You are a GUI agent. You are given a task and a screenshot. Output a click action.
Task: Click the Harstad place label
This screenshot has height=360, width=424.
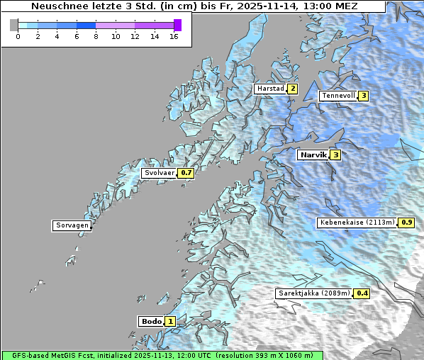270,89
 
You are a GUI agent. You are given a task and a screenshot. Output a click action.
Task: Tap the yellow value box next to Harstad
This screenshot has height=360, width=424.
292,89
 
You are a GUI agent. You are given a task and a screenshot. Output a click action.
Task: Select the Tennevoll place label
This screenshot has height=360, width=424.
338,96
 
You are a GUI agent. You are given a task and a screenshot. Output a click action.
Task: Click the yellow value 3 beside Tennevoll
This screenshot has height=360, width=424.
364,96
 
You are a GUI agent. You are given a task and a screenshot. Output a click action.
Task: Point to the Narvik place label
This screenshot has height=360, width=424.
313,154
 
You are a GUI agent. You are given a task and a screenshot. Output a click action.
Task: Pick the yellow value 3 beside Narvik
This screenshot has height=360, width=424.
335,154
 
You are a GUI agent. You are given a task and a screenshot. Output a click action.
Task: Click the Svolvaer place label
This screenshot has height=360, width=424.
160,173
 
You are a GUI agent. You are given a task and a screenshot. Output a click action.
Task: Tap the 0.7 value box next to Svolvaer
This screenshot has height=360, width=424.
186,173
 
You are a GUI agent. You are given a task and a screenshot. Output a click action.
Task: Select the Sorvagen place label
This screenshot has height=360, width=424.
72,225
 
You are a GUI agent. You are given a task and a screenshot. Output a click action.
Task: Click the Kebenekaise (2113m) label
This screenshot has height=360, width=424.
357,223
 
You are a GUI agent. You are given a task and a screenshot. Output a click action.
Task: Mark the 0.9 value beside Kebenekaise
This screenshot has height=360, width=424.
407,223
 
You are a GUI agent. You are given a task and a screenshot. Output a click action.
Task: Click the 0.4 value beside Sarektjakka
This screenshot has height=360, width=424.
362,293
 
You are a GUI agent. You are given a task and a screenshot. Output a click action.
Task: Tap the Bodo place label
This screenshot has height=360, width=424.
151,321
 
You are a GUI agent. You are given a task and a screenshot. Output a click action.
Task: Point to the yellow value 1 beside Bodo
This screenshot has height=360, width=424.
171,321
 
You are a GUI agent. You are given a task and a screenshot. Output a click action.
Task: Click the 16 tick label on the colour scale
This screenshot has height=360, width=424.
174,35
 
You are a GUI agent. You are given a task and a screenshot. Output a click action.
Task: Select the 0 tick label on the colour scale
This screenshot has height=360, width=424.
18,35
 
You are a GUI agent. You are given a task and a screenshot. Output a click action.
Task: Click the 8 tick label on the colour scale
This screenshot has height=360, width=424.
96,35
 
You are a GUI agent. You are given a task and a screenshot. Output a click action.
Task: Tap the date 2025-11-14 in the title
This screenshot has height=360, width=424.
269,6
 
